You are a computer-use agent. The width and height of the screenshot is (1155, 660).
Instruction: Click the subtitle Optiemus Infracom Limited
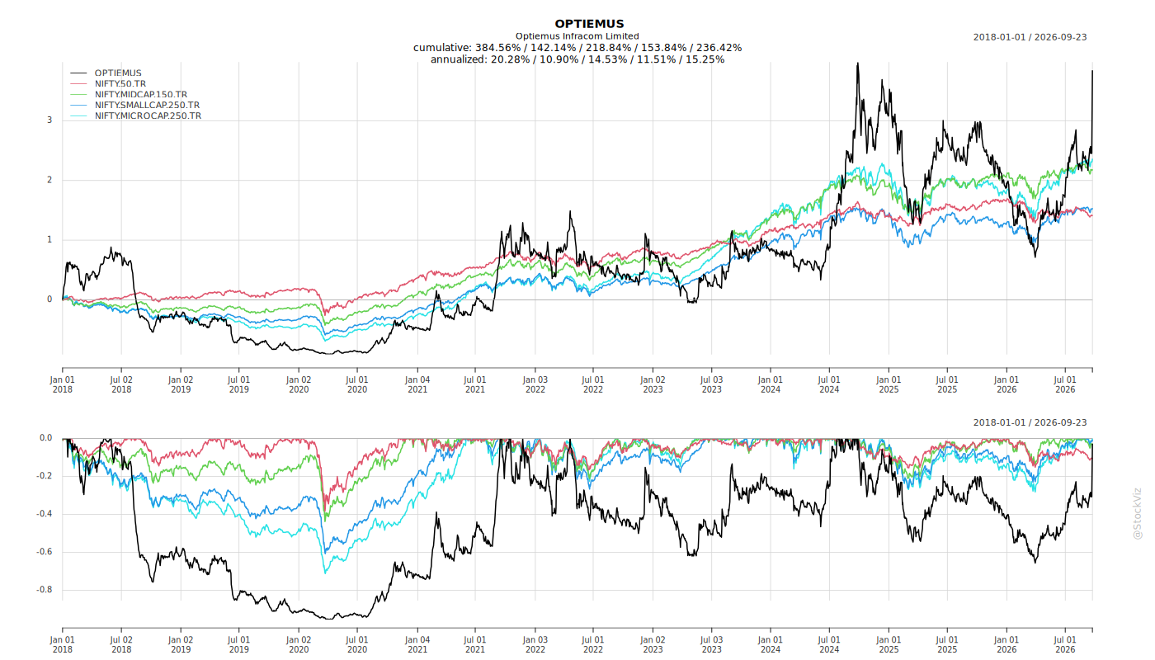coord(577,36)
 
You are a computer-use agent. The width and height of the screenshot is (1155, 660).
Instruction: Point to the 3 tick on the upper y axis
coord(49,120)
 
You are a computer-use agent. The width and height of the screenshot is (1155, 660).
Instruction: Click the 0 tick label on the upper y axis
coord(49,299)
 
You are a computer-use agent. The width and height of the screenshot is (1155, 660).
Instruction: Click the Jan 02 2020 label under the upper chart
coord(299,384)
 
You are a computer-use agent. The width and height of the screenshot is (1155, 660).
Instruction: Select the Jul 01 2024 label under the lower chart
coord(829,645)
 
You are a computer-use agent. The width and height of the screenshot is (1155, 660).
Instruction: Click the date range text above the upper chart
coord(1030,37)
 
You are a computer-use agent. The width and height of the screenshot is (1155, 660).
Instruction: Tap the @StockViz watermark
coord(1137,513)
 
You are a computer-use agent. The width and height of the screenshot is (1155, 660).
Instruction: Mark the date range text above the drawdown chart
coord(1030,422)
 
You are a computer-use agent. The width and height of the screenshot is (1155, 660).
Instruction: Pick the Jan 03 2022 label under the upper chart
coord(535,384)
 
